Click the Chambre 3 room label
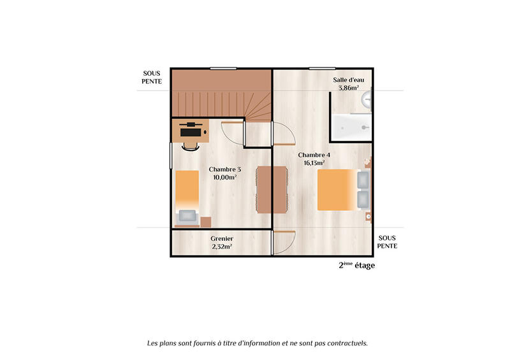tap(225, 169)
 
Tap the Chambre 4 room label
tap(314, 155)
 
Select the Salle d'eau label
tap(349, 80)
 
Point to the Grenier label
tap(221, 239)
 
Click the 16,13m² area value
tap(314, 163)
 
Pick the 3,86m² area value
tap(349, 88)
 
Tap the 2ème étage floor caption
tap(356, 266)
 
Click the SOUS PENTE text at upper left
tap(152, 77)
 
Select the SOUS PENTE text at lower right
tap(388, 241)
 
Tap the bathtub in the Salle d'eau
tap(351, 127)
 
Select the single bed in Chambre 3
tap(187, 198)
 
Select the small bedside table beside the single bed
tap(205, 221)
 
